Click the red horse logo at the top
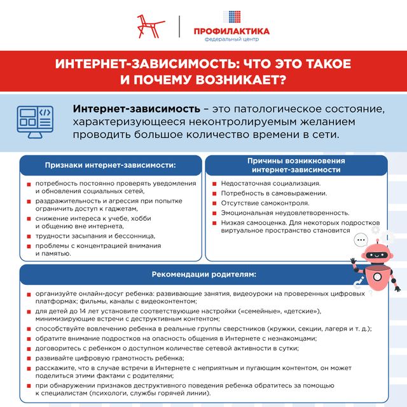[x=150, y=25]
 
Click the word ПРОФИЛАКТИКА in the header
[x=231, y=31]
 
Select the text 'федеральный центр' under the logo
[x=231, y=39]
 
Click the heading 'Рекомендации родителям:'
[x=203, y=275]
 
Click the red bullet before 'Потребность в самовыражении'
[x=215, y=194]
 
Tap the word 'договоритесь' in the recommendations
[x=59, y=348]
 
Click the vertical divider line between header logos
[x=181, y=26]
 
